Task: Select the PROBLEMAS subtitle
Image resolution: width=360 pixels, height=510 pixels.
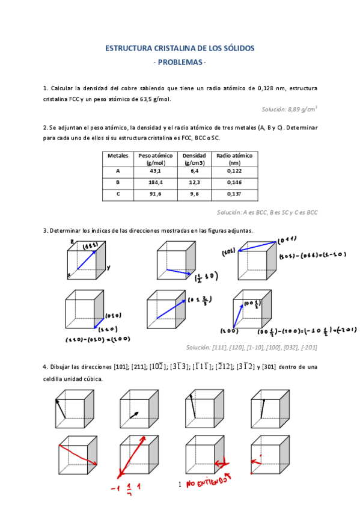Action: point(180,63)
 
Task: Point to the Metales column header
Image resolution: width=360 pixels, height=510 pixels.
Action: point(118,155)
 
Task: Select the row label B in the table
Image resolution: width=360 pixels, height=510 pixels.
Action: point(118,182)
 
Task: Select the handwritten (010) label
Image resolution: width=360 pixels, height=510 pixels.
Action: point(113,315)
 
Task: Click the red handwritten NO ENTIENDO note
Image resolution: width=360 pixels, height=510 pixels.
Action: point(208,482)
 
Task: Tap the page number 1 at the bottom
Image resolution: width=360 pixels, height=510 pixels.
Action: point(180,485)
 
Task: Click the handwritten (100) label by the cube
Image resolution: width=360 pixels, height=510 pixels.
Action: point(228,331)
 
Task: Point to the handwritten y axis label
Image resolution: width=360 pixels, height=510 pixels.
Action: point(108,267)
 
